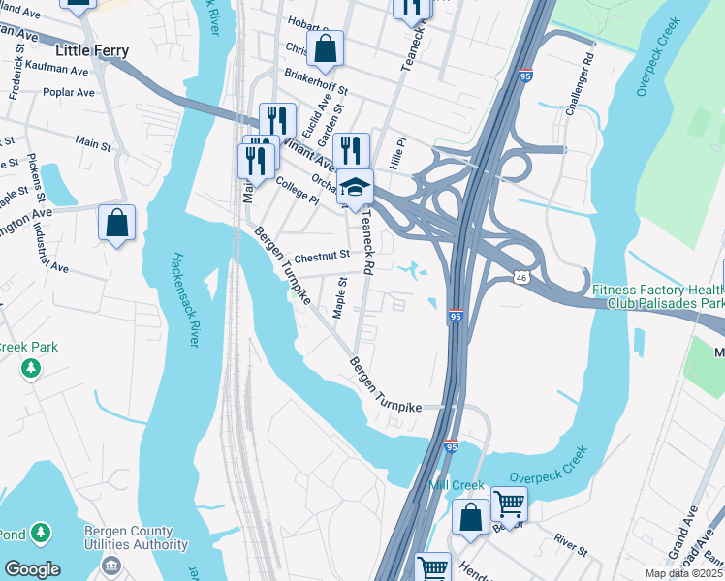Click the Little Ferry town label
coord(93,50)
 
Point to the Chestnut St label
coord(322,258)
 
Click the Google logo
coord(32,568)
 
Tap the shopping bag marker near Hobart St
coord(327,47)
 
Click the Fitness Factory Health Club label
coord(657,296)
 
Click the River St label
coord(570,544)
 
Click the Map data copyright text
coord(684,573)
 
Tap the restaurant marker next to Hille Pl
coord(351,151)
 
